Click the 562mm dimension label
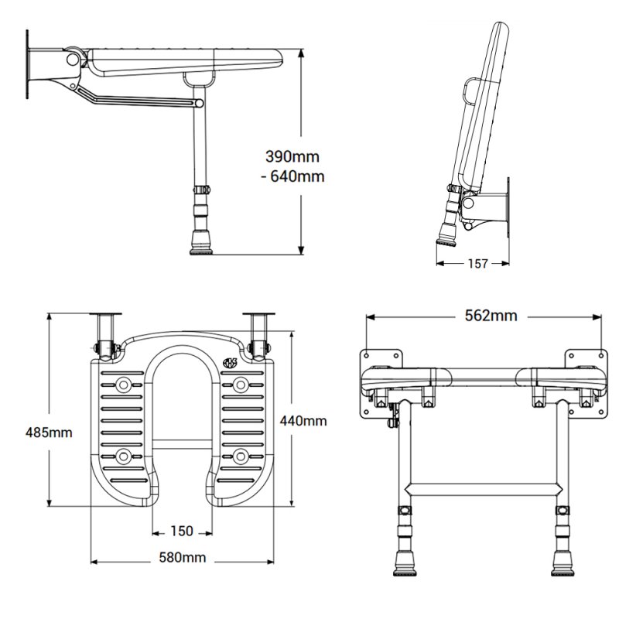[x=485, y=315]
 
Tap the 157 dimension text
[x=478, y=264]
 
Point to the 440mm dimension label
[x=303, y=421]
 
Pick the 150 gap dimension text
[x=182, y=531]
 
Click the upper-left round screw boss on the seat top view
[x=123, y=384]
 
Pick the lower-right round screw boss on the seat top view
[x=241, y=453]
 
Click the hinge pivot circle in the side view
[x=73, y=59]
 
